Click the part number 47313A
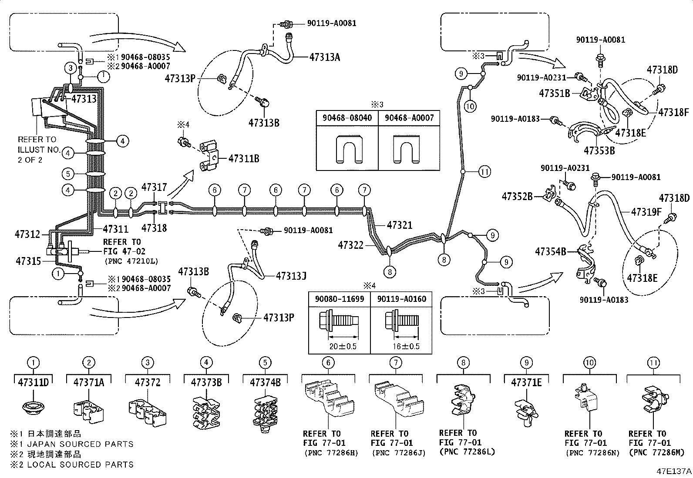point(325,57)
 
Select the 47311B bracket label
point(244,159)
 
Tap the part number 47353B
point(599,151)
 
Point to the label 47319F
point(646,212)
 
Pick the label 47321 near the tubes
point(399,225)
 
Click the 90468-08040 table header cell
point(347,118)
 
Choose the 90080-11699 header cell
point(340,299)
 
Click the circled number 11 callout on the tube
point(485,172)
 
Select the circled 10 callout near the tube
point(471,105)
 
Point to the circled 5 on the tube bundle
point(68,174)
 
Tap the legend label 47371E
point(527,383)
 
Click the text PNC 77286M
point(652,452)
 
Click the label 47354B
point(551,251)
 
